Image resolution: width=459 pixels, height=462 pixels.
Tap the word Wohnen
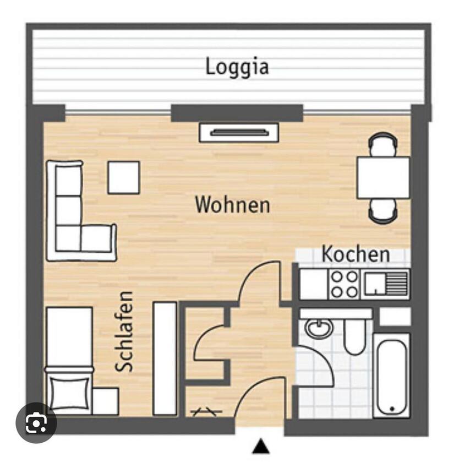coord(233,205)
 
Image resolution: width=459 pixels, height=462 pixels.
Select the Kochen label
coord(356,254)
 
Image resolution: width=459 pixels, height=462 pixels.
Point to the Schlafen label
coord(124,331)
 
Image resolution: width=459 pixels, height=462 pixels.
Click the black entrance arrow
coord(261,446)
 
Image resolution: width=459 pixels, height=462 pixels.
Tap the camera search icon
coord(36,423)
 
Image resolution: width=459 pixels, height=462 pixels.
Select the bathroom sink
coord(319,328)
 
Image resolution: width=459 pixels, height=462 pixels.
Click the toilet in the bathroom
coord(355,336)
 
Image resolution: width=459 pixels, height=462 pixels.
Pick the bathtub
coord(392,376)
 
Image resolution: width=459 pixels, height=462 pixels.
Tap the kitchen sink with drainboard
coord(386,284)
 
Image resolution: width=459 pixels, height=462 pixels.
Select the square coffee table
coord(124,177)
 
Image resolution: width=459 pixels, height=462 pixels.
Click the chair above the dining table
coord(382,144)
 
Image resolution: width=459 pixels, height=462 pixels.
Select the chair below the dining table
coord(382,211)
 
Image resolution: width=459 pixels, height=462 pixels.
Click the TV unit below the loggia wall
coord(239,133)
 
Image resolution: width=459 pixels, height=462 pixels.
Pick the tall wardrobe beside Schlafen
coord(165,358)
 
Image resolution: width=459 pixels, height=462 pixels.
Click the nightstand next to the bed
coord(106,401)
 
